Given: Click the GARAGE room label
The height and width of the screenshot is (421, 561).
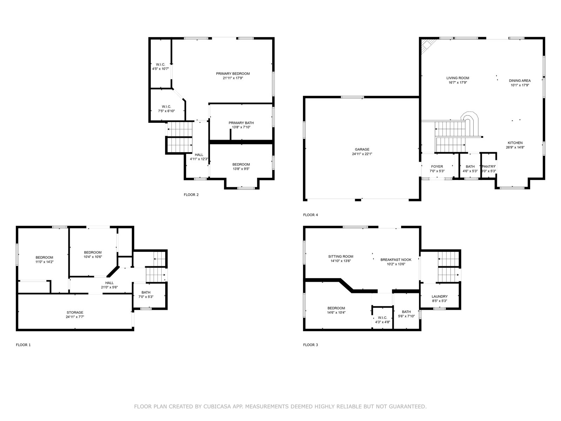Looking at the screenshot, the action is tap(362, 149).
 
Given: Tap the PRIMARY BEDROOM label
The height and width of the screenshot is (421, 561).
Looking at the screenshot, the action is tap(233, 74).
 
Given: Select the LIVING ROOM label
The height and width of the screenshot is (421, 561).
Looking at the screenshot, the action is tap(458, 78).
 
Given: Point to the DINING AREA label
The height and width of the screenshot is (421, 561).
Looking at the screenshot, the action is tap(520, 81).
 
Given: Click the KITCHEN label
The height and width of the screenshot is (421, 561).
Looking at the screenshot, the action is tap(515, 143).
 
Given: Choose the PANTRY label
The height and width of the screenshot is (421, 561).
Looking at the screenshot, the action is tap(489, 167).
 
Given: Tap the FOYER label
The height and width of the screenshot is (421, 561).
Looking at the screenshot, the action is tap(437, 167).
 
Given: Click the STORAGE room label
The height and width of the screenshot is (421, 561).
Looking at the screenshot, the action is tap(75, 312).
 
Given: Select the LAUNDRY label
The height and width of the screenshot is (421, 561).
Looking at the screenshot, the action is tap(440, 296).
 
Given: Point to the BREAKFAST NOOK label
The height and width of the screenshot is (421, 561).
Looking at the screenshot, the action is tap(396, 260).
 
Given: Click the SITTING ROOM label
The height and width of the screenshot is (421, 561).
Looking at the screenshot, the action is tap(341, 256).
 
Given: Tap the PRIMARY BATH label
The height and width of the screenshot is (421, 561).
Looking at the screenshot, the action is tap(241, 123).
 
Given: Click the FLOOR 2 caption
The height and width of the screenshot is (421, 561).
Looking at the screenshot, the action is tap(191, 195).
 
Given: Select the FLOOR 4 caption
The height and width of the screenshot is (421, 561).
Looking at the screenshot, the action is tap(311, 215).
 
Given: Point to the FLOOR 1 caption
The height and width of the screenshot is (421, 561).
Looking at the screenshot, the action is tap(23, 345).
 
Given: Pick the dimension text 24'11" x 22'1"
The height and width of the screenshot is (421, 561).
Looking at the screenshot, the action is tap(362, 154).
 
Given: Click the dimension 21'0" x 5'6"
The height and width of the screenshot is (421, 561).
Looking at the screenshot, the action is tap(109, 287).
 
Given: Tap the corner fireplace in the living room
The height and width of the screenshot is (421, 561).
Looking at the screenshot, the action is tap(426, 46).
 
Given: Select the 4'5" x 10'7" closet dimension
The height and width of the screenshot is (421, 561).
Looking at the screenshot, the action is tap(161, 69).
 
